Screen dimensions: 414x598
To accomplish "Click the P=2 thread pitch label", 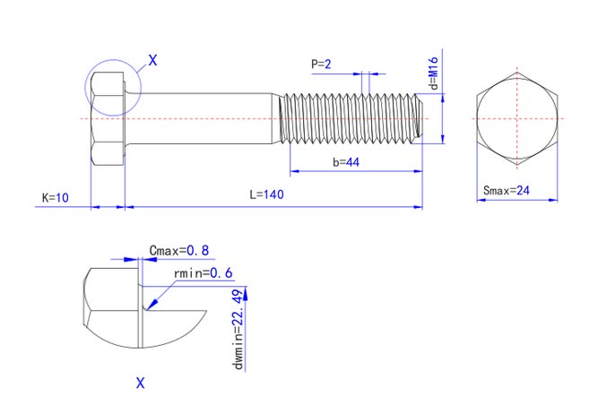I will (321, 65).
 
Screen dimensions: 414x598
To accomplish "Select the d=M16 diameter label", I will (432, 72).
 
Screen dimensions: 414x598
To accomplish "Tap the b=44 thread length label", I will (346, 162).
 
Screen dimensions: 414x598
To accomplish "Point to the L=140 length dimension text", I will (266, 195).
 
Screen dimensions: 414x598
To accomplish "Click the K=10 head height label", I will (56, 196).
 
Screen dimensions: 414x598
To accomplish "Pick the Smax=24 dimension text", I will (507, 191).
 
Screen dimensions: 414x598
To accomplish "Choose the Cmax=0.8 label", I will (180, 251).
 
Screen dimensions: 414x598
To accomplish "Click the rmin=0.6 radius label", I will (203, 272).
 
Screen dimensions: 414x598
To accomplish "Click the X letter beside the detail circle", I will (152, 61).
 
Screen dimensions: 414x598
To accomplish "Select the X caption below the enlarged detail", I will (140, 384).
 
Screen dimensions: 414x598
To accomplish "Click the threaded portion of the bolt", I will (350, 117).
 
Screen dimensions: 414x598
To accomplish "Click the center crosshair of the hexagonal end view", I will (516, 117).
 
